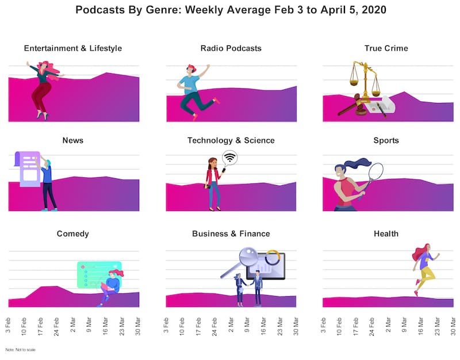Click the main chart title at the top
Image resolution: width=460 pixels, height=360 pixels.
click(x=231, y=10)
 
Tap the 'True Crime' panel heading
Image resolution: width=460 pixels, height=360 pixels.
click(x=386, y=48)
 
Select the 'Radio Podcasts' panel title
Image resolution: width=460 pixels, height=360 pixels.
click(x=231, y=48)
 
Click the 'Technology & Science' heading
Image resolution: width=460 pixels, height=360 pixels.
click(x=231, y=140)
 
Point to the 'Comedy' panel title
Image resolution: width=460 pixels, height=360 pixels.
click(x=73, y=234)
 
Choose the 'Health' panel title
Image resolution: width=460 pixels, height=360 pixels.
click(x=386, y=234)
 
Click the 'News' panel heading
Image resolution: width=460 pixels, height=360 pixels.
click(x=73, y=140)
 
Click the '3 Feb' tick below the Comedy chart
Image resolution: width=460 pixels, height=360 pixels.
click(x=8, y=324)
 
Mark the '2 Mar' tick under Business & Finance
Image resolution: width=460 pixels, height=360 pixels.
click(x=231, y=324)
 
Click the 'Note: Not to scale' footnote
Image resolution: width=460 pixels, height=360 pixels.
click(x=21, y=350)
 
